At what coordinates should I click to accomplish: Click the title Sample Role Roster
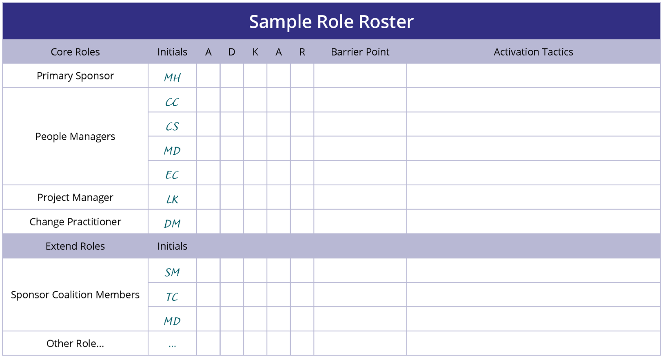[x=331, y=22]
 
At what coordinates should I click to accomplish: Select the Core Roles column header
[x=75, y=52]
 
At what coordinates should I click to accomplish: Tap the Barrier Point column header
[x=360, y=52]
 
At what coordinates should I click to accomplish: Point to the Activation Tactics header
[x=533, y=52]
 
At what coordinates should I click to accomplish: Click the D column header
[x=232, y=52]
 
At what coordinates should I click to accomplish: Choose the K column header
[x=255, y=52]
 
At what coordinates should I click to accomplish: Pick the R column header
[x=302, y=52]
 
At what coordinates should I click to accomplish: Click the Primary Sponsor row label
[x=75, y=76]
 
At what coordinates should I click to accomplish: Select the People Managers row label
[x=75, y=136]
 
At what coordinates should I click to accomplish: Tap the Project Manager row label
[x=75, y=198]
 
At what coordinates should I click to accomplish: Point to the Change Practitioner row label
[x=75, y=222]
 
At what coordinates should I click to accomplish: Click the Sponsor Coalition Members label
[x=75, y=295]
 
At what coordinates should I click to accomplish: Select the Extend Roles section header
[x=75, y=246]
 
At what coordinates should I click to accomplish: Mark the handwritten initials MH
[x=172, y=78]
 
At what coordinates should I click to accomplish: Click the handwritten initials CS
[x=172, y=127]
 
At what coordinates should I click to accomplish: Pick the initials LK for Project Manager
[x=172, y=199]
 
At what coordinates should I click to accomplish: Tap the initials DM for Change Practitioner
[x=172, y=224]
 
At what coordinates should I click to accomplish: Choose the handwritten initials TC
[x=172, y=297]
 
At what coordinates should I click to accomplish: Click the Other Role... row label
[x=75, y=343]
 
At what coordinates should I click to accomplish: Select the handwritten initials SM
[x=172, y=272]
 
